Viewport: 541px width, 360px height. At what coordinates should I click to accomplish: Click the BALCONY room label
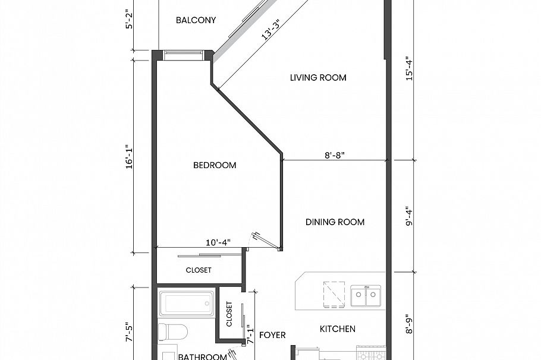click(x=196, y=20)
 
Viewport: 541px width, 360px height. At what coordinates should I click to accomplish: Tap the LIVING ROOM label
click(x=318, y=78)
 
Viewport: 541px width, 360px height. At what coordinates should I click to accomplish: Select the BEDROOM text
click(x=215, y=165)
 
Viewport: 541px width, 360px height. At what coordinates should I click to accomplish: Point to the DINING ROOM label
click(x=335, y=222)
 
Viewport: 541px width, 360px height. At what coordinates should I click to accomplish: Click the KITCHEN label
click(x=338, y=329)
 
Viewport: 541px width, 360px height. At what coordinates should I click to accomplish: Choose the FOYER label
click(x=272, y=335)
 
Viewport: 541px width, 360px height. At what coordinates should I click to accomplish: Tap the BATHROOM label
click(x=202, y=356)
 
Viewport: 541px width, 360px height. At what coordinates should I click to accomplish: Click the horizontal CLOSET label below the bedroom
click(x=199, y=270)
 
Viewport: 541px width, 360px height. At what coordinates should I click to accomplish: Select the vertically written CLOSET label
click(x=229, y=314)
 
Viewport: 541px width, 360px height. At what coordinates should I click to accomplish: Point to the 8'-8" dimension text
click(x=335, y=154)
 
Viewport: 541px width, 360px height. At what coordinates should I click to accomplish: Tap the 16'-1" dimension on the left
click(x=129, y=156)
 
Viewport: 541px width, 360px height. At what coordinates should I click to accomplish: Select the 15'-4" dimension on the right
click(x=408, y=69)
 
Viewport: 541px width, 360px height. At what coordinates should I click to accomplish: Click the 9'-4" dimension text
click(x=408, y=216)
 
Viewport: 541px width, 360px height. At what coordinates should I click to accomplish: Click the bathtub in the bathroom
click(x=187, y=304)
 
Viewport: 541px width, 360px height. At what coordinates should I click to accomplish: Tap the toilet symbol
click(x=173, y=331)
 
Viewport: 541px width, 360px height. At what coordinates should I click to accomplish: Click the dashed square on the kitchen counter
click(x=335, y=293)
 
